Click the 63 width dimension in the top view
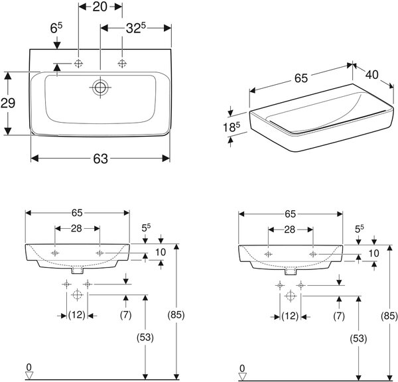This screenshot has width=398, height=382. coord(101,159)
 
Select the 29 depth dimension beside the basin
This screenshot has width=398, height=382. coord(8,103)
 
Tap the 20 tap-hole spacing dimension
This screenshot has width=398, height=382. coord(99,7)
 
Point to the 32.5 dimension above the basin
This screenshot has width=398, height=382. coord(135,28)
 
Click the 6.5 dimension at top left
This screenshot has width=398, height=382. coord(56,28)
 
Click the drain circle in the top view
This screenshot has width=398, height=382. coord(100,88)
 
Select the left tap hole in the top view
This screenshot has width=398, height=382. coord(79,63)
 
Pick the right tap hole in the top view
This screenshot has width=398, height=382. coord(122,63)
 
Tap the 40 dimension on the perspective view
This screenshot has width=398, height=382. coord(372,75)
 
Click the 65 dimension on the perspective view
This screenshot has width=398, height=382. coord(301,78)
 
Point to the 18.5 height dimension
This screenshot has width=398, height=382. coord(232,127)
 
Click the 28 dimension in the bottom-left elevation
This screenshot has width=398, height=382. coord(76,229)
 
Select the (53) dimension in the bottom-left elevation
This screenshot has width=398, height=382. coord(145,338)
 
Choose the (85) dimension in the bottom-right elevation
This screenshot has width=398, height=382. coord(389,316)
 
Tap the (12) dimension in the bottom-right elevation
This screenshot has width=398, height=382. coord(290,316)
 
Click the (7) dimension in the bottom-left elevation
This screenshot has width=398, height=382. coord(125,315)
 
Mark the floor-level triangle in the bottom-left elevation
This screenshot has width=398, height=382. coord(29,375)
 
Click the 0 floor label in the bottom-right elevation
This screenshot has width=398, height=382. coord(242,368)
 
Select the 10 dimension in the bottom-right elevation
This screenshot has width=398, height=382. coord(373,253)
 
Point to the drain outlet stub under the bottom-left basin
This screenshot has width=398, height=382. coord(78,271)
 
